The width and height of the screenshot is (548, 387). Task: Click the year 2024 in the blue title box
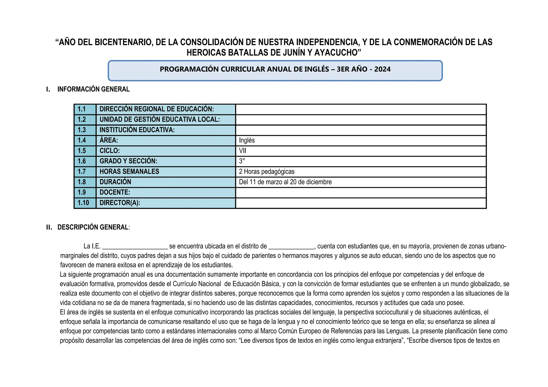tap(382, 69)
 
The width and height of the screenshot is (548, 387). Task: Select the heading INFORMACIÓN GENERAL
tap(93, 89)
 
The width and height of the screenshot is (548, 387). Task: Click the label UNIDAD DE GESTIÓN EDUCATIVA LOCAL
tap(159, 119)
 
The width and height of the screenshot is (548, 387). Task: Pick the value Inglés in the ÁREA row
tap(247, 140)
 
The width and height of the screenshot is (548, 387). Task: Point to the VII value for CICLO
tap(242, 151)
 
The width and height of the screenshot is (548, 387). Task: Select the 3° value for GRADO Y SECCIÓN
tap(242, 161)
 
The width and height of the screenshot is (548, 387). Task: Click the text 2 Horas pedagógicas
tap(267, 172)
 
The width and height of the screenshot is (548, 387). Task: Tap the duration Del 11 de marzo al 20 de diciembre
tap(285, 182)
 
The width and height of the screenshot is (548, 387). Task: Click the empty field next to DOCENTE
tap(360, 192)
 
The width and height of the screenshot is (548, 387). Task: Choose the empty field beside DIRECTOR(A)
tap(360, 203)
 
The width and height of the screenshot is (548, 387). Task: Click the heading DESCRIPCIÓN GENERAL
tap(93, 227)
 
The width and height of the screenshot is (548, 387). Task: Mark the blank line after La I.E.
tap(135, 246)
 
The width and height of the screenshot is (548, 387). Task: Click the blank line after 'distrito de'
tap(291, 246)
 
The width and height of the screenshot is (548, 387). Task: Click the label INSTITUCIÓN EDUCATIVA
tap(137, 130)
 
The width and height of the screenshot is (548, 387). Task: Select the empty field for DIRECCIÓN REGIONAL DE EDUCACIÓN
tap(360, 109)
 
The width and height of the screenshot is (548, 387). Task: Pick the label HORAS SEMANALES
tap(129, 172)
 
